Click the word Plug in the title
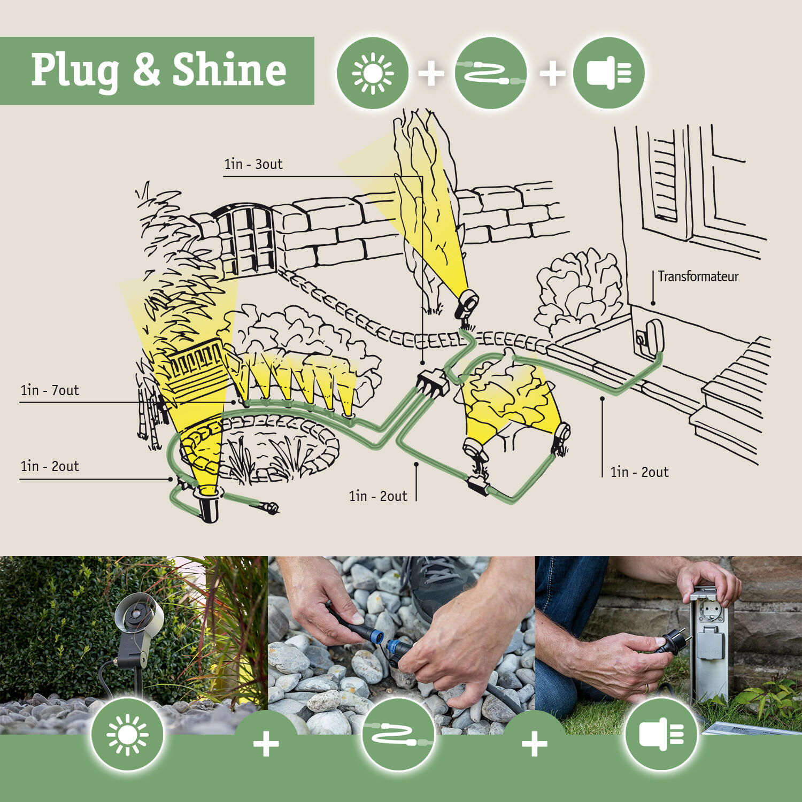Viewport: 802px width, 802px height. (75, 71)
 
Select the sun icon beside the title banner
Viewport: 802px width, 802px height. (373, 73)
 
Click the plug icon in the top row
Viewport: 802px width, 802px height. (608, 73)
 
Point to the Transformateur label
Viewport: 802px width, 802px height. (698, 276)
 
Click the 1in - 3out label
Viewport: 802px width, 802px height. (253, 164)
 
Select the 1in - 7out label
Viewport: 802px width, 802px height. (50, 390)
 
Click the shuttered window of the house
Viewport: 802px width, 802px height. (663, 179)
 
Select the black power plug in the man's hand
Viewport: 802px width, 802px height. (671, 642)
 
